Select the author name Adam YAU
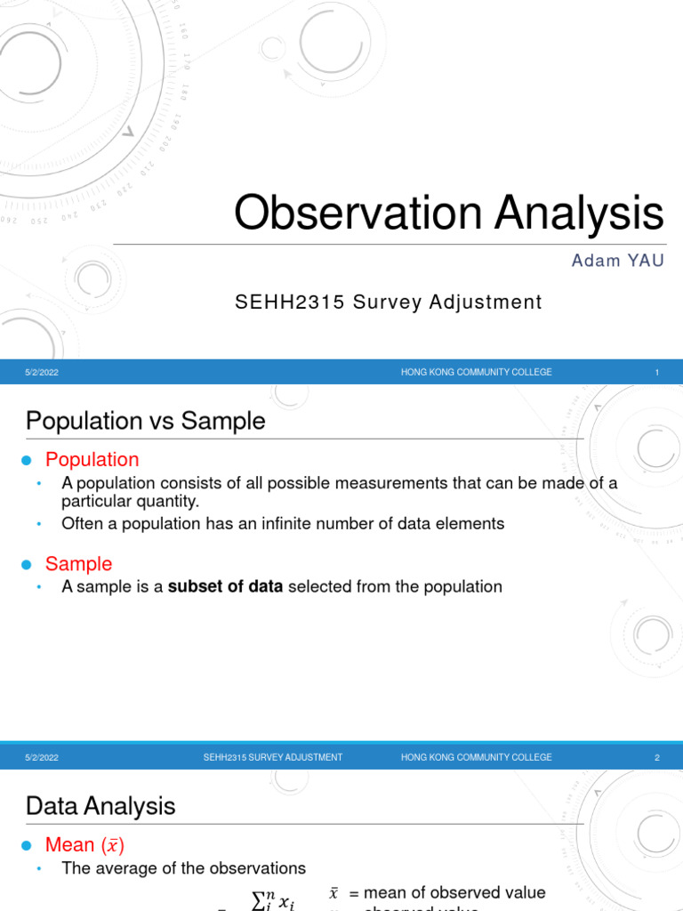pyautogui.click(x=616, y=261)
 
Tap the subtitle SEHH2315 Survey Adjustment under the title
pyautogui.click(x=388, y=302)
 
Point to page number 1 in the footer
pyautogui.click(x=656, y=373)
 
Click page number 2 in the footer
pyautogui.click(x=656, y=758)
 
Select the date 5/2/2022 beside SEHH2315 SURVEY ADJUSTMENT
pyautogui.click(x=42, y=758)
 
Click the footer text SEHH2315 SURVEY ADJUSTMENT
pyautogui.click(x=272, y=758)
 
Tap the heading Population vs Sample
pyautogui.click(x=146, y=421)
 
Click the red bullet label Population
pyautogui.click(x=92, y=460)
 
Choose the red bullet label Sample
pyautogui.click(x=79, y=564)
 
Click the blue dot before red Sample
pyautogui.click(x=26, y=565)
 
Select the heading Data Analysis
pyautogui.click(x=100, y=806)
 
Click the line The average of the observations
pyautogui.click(x=183, y=868)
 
